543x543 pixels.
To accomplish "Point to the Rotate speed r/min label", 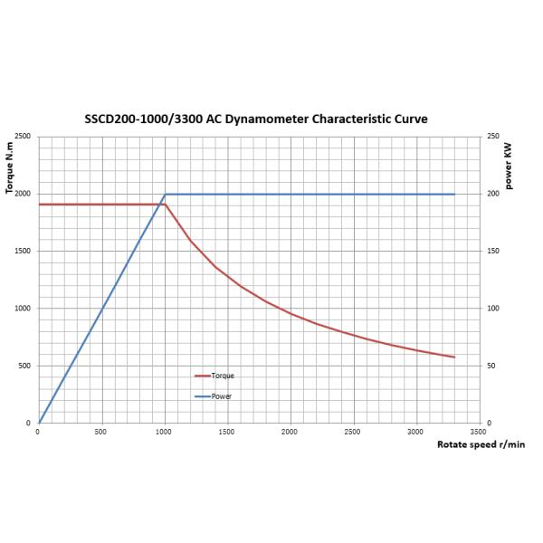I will [x=481, y=444].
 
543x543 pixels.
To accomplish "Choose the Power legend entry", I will [x=221, y=396].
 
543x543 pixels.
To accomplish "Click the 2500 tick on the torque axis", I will [x=23, y=137].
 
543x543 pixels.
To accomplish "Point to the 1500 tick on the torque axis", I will [x=23, y=251].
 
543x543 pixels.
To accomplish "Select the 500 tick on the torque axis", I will [x=24, y=366].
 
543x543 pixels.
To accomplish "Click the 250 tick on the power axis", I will [x=492, y=137].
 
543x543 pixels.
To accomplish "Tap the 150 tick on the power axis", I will [x=492, y=251].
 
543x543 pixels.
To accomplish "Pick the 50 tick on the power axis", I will [x=491, y=366].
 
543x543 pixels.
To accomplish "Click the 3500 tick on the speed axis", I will [x=479, y=432].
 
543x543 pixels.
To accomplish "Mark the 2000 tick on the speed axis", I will [x=290, y=432].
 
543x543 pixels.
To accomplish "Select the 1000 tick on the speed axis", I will [x=164, y=432].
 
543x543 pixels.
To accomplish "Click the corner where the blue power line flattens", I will [x=165, y=195].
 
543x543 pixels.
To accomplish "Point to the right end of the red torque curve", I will [x=453, y=357].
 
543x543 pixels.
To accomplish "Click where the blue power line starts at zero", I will [x=39, y=423].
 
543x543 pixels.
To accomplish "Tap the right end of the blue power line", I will [x=453, y=195].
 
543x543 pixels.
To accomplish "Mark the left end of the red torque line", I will [x=39, y=205].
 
